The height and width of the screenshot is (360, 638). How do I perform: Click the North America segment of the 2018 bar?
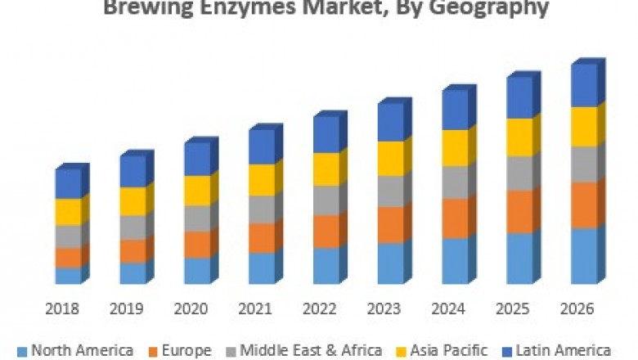point(68,275)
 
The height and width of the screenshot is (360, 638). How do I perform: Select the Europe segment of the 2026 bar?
point(583,205)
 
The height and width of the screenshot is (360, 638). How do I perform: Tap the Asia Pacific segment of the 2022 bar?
point(326,169)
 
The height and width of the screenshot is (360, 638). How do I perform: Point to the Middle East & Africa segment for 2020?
point(196,218)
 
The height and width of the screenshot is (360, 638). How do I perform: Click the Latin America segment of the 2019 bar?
point(133,171)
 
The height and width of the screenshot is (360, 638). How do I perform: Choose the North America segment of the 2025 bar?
point(519,258)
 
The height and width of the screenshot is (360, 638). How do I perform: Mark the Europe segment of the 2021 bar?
point(261,237)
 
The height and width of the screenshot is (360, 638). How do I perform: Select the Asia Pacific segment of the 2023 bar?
point(390,158)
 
